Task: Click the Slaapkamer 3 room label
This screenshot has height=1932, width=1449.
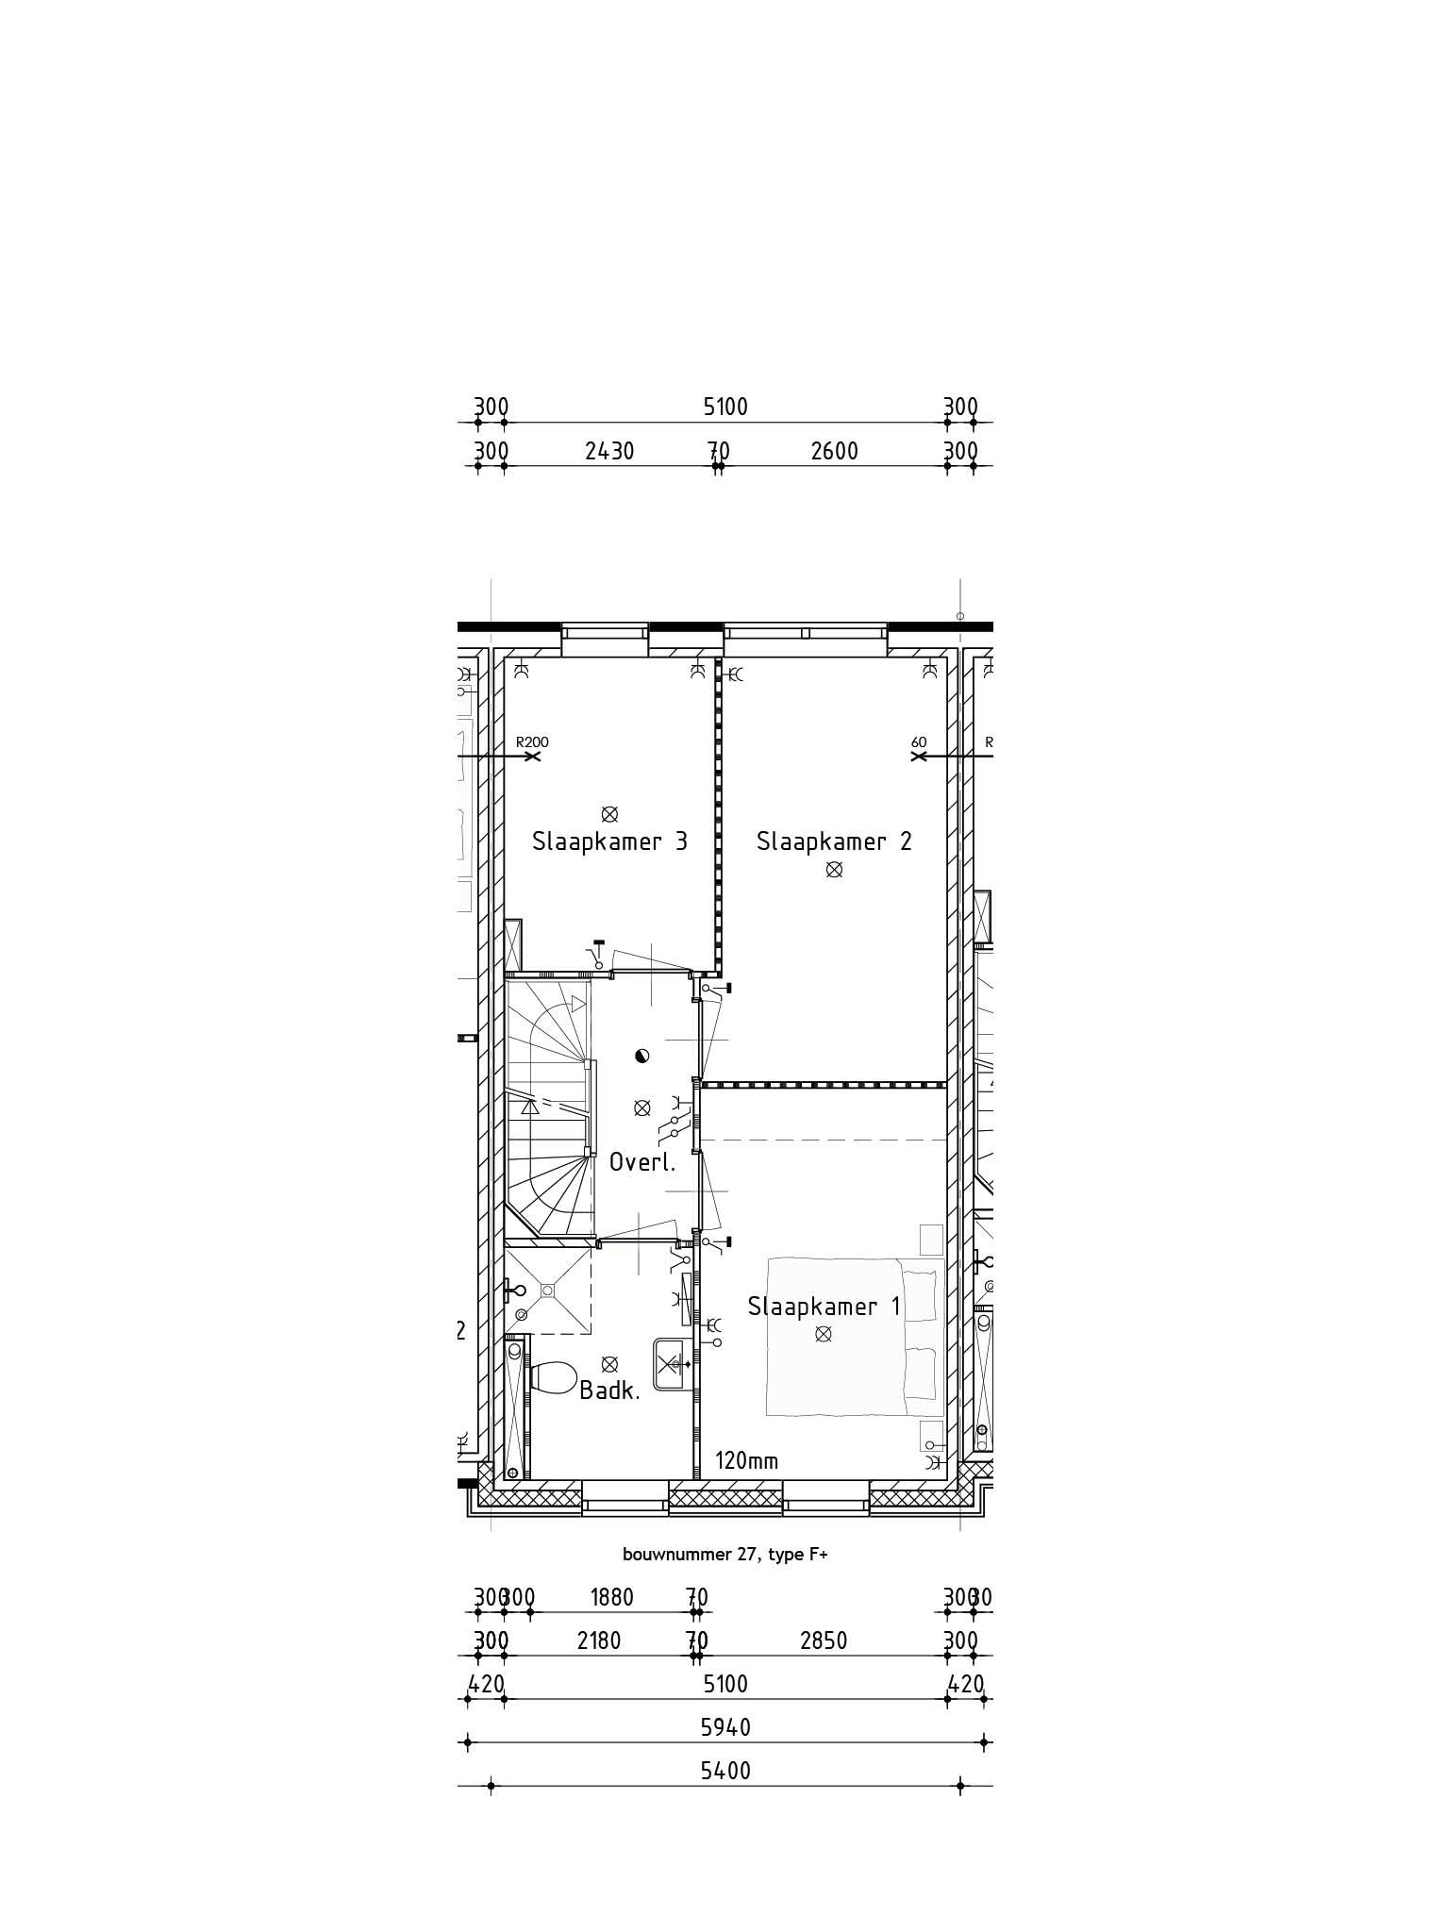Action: [x=609, y=841]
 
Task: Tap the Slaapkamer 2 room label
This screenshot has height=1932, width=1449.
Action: [x=834, y=841]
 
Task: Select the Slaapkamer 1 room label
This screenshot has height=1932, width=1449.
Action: [x=824, y=1307]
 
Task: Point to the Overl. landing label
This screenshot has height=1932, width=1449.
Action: [x=642, y=1162]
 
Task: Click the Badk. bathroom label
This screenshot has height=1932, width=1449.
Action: [x=609, y=1390]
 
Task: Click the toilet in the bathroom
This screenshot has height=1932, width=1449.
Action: [x=554, y=1377]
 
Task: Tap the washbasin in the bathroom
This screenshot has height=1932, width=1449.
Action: [x=672, y=1363]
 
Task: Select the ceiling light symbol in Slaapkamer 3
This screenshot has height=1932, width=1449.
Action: [x=609, y=813]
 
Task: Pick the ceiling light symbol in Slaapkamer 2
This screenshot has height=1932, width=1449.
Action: [x=834, y=870]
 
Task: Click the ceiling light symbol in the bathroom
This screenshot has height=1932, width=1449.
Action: [x=609, y=1363]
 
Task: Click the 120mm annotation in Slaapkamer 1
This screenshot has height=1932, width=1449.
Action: [x=746, y=1461]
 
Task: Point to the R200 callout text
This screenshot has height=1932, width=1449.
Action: [x=533, y=742]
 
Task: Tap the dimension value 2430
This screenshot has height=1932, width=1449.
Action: [x=609, y=452]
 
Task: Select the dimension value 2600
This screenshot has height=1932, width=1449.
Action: [x=834, y=452]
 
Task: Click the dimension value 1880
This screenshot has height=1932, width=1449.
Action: [x=611, y=1597]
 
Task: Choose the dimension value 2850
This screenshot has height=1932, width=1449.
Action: [x=824, y=1641]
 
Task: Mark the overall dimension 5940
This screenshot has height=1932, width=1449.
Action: [x=725, y=1727]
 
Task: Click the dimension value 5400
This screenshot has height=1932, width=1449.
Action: [x=725, y=1771]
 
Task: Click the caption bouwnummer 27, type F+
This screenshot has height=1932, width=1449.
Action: [x=724, y=1555]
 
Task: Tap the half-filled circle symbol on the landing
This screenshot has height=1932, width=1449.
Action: [x=642, y=1056]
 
